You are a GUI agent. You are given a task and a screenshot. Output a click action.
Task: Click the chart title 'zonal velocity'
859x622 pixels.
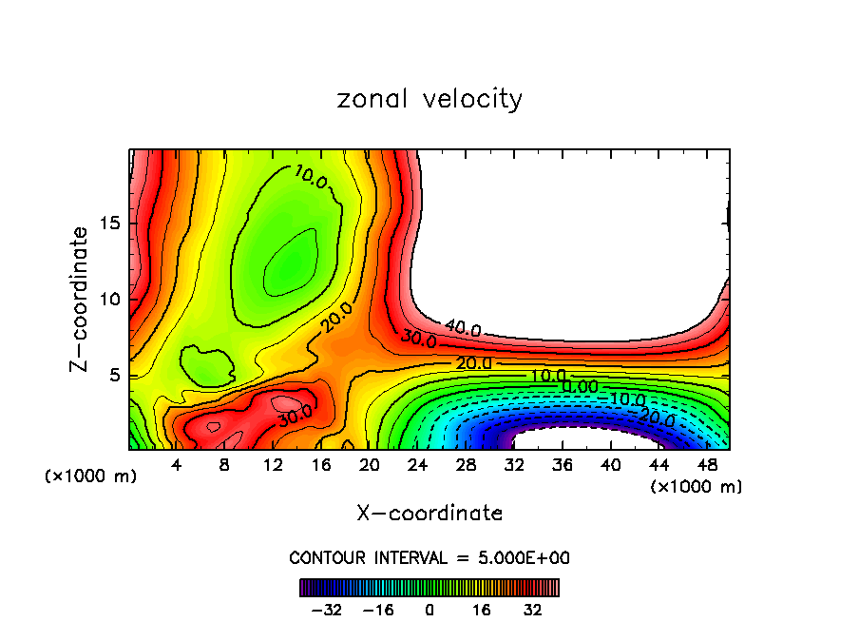429,99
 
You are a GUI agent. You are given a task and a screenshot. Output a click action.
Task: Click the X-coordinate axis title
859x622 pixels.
429,514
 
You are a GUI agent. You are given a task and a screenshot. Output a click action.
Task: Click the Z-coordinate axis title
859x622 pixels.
80,299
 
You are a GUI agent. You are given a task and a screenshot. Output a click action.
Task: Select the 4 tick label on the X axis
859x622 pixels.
176,465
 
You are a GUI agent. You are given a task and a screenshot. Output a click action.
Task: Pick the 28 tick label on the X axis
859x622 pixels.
466,465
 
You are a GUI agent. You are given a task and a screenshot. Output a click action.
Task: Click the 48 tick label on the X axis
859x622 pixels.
707,465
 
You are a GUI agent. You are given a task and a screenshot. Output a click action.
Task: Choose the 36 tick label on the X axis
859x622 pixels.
563,465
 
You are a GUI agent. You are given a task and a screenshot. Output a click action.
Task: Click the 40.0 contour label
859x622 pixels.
463,329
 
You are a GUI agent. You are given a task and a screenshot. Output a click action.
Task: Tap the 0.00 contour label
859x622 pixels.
580,387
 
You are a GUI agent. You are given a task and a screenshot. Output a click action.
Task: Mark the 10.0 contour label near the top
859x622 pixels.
311,175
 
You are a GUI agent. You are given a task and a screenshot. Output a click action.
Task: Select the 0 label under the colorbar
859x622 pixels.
429,610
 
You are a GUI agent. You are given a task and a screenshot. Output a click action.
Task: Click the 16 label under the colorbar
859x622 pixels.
482,610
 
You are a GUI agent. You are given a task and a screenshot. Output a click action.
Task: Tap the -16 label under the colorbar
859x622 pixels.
377,610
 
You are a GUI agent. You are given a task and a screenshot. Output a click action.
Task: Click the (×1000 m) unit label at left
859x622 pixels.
91,476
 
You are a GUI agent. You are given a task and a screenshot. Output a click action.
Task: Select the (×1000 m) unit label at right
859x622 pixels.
697,487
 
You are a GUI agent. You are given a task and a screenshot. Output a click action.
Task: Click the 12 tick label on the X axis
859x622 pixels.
273,465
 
